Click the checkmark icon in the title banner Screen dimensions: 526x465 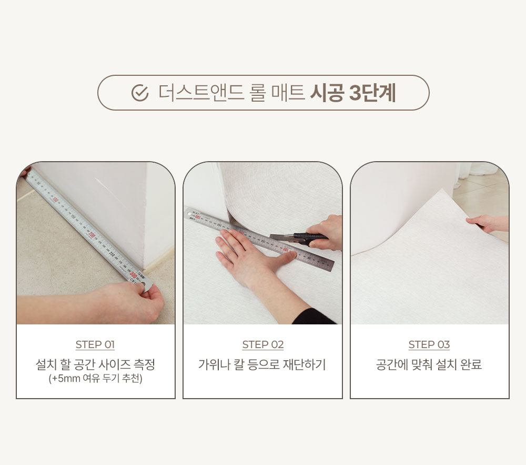click(x=140, y=93)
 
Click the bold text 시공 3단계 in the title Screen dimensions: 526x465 click(x=353, y=93)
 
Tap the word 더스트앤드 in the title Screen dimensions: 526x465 click(x=201, y=93)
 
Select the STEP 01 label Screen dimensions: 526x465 click(x=95, y=344)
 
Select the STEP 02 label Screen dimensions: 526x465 click(x=263, y=344)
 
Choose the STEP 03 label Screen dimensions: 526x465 click(x=429, y=344)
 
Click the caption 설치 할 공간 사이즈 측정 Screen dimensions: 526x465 click(x=95, y=364)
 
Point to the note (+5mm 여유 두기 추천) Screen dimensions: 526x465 click(x=96, y=379)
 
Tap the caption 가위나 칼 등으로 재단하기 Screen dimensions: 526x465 click(x=262, y=364)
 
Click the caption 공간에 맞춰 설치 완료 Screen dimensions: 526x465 click(x=429, y=364)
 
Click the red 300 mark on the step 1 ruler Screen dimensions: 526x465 click(x=133, y=274)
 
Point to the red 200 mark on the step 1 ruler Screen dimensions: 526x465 click(x=92, y=235)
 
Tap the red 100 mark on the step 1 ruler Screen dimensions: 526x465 click(x=55, y=201)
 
